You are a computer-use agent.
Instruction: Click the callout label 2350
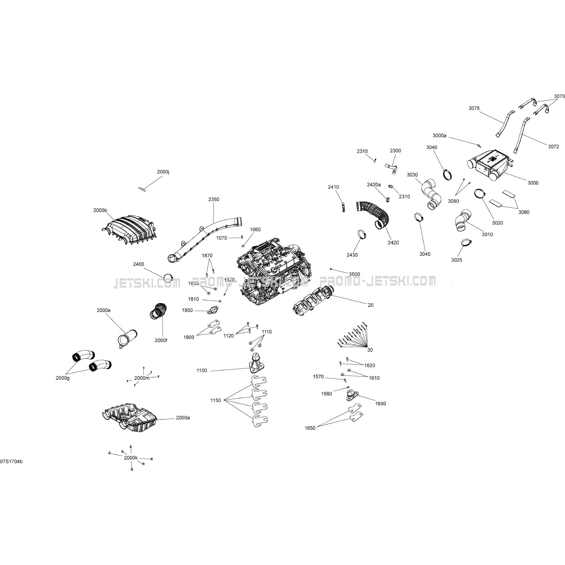click(214, 199)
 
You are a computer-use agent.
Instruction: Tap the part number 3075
click(474, 108)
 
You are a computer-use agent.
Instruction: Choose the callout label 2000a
click(182, 418)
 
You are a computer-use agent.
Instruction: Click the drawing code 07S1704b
click(11, 461)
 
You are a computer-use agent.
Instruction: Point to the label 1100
click(202, 371)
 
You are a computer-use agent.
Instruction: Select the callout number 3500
click(354, 274)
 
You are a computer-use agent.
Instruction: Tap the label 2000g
click(63, 378)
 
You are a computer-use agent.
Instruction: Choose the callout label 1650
click(310, 428)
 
